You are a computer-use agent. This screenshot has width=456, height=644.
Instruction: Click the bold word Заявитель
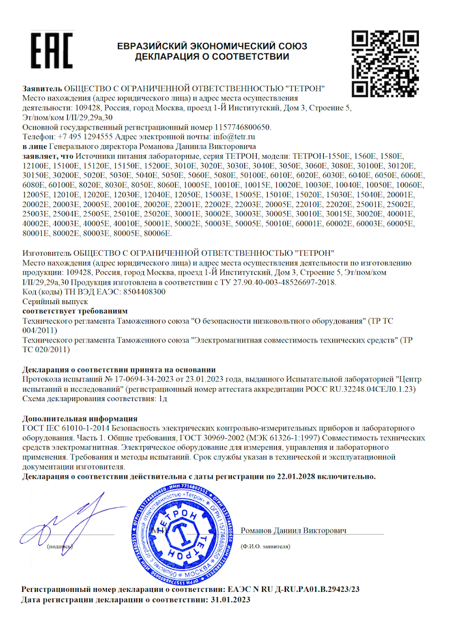[x=42, y=88]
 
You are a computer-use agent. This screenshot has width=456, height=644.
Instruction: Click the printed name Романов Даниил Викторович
[x=293, y=531]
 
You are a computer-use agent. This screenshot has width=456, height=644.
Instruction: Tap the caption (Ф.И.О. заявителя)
[x=265, y=547]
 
